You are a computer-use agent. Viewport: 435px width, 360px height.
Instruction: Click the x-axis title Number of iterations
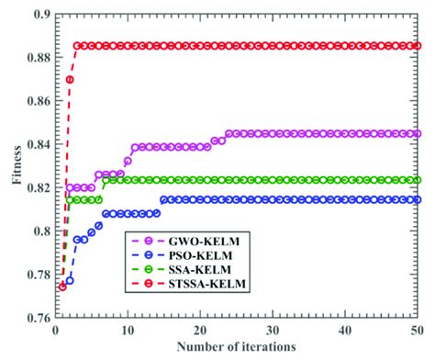pyautogui.click(x=235, y=347)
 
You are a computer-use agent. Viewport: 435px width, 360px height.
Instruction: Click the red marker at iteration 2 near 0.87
pyautogui.click(x=70, y=80)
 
